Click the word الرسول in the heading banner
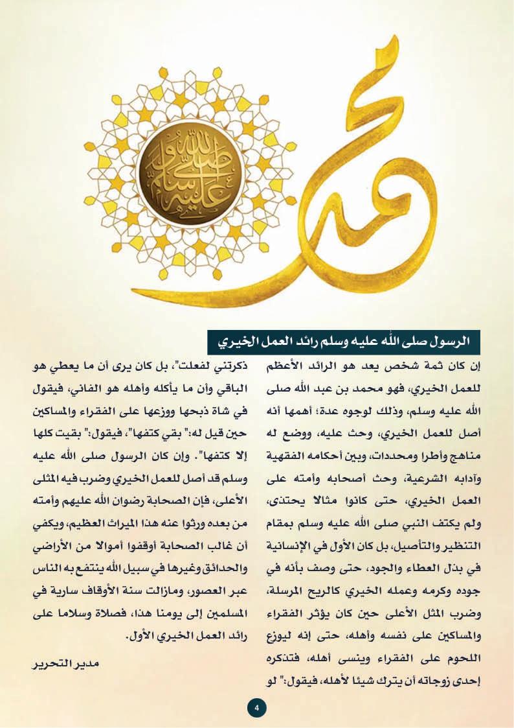point(446,339)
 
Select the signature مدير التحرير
point(61,664)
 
